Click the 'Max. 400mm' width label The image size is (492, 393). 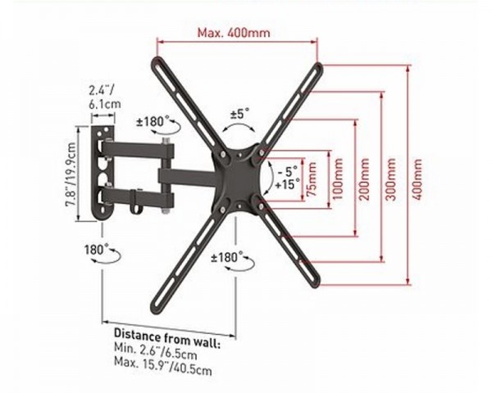tap(235, 34)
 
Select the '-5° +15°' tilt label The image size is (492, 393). tap(288, 178)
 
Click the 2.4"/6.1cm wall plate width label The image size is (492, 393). tap(102, 96)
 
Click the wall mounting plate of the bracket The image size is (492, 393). tap(102, 172)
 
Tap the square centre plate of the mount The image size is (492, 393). tap(239, 175)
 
